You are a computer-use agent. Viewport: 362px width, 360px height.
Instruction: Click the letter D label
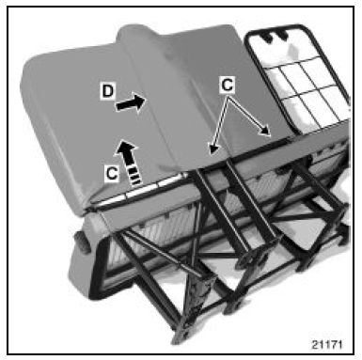pos(107,91)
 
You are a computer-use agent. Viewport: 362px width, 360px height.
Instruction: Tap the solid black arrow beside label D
pos(131,102)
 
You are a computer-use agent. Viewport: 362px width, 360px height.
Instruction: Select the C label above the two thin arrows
pos(228,85)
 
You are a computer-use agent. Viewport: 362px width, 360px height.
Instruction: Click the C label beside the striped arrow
pos(112,173)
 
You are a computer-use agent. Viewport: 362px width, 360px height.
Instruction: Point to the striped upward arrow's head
pos(126,148)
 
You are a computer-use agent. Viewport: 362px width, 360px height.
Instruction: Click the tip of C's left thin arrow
pos(212,153)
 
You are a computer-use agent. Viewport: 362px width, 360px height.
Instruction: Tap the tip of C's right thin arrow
pos(269,135)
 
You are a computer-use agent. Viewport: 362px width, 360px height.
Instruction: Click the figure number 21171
pos(327,344)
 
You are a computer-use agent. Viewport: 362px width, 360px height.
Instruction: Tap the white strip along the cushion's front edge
pos(138,192)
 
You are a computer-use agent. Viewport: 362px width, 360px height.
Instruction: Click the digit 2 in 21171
pos(315,344)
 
